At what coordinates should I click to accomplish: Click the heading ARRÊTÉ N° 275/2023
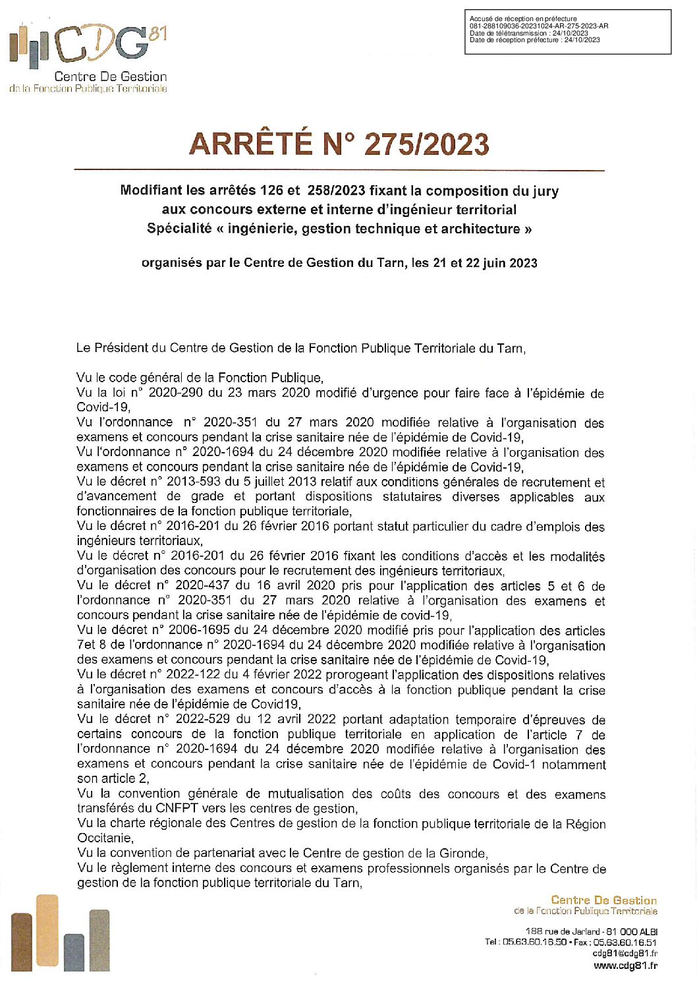339,144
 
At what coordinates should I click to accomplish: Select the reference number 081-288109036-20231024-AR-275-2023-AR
539,26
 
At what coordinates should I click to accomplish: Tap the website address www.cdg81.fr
625,966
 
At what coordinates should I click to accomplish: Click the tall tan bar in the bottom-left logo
47,931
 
